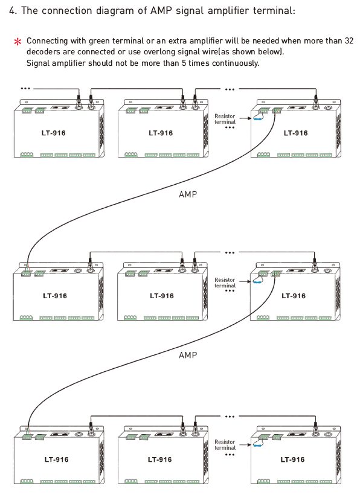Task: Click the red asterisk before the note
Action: click(18, 42)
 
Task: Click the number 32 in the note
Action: click(349, 40)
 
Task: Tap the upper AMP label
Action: click(188, 194)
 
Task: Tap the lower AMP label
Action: click(188, 355)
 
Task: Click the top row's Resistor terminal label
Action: click(225, 119)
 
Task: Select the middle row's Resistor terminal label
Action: click(225, 283)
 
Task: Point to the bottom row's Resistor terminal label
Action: click(225, 445)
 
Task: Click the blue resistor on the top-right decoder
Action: click(258, 119)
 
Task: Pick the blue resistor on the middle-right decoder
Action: click(257, 281)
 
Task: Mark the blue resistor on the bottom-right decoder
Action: click(258, 445)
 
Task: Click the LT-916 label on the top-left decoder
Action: click(53, 133)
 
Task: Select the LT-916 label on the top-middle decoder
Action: click(161, 133)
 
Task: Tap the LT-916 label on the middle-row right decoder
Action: click(294, 296)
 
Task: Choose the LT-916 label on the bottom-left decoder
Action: click(57, 459)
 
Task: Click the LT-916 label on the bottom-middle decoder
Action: click(160, 459)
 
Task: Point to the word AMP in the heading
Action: click(161, 11)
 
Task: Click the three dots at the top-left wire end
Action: click(25, 88)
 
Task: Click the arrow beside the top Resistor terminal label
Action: click(245, 118)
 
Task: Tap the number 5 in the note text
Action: click(184, 63)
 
